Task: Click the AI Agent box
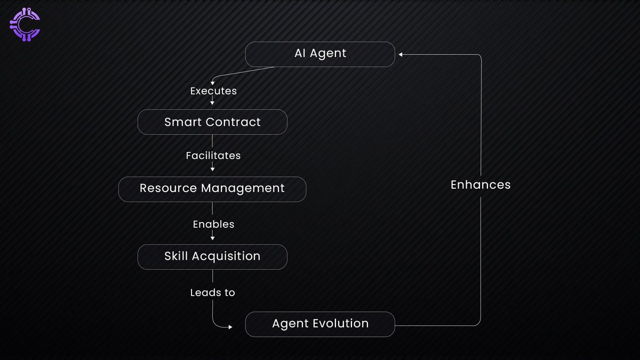320,54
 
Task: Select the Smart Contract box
212,122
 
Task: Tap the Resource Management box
212,189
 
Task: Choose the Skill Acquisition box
212,257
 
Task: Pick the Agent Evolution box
320,324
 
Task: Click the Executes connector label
213,91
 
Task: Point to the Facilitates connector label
213,156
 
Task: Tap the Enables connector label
213,225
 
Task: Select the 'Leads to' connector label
212,293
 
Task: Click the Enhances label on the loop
481,185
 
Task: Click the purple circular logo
25,25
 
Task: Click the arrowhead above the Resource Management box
212,170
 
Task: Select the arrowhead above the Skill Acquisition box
212,237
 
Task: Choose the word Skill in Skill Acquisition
176,257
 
